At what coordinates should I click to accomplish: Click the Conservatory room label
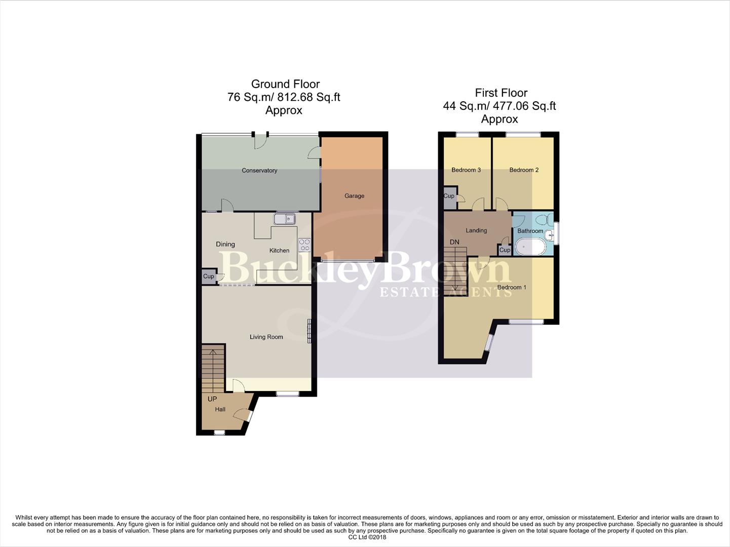[x=259, y=171]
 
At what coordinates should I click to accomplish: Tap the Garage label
[x=354, y=196]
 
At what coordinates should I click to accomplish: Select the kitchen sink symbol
[x=284, y=219]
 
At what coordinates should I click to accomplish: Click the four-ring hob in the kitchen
[x=304, y=245]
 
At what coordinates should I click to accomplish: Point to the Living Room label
[x=266, y=337]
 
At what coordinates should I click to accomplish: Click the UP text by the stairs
[x=212, y=399]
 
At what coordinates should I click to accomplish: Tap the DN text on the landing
[x=454, y=242]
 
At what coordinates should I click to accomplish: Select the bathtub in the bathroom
[x=530, y=248]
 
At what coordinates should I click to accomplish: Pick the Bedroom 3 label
[x=466, y=170]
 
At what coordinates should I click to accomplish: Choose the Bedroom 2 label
[x=524, y=170]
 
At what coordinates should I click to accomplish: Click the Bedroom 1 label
[x=512, y=287]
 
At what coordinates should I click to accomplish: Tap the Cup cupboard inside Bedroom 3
[x=449, y=197]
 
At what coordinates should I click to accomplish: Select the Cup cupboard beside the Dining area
[x=208, y=277]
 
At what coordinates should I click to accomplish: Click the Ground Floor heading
[x=285, y=84]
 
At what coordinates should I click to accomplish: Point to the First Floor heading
[x=501, y=93]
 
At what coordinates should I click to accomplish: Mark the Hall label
[x=220, y=409]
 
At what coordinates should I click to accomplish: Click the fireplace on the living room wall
[x=309, y=331]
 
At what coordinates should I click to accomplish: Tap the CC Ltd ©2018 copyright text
[x=367, y=537]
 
